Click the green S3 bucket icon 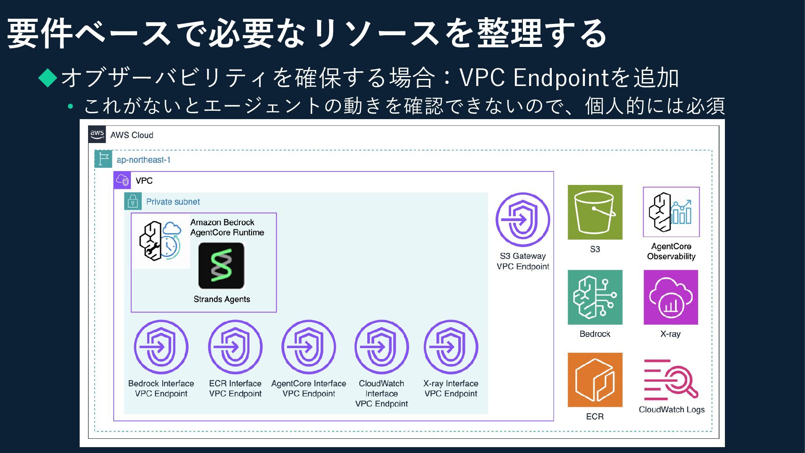pos(595,212)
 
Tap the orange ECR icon pos(595,380)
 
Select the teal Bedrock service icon pos(595,297)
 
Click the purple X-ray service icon pos(670,297)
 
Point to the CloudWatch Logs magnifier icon pos(671,380)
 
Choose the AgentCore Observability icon pos(671,212)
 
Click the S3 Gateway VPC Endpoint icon pos(522,219)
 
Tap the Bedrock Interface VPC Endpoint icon pos(161,347)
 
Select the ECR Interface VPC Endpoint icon pos(235,347)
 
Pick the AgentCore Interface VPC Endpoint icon pos(309,347)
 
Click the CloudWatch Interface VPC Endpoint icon pos(382,347)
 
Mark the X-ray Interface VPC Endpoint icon pos(451,347)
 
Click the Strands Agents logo pos(221,266)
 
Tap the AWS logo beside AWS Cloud pos(97,135)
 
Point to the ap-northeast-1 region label pos(143,160)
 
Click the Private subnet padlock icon pos(133,201)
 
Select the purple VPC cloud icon pos(122,180)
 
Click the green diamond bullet pos(48,78)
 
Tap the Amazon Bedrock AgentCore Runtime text pos(227,227)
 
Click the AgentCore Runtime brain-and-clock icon pos(161,241)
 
